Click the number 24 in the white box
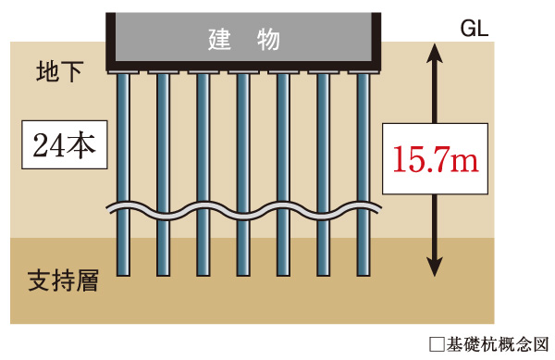click(x=48, y=146)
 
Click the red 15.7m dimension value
click(x=434, y=160)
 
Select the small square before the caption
click(x=438, y=344)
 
